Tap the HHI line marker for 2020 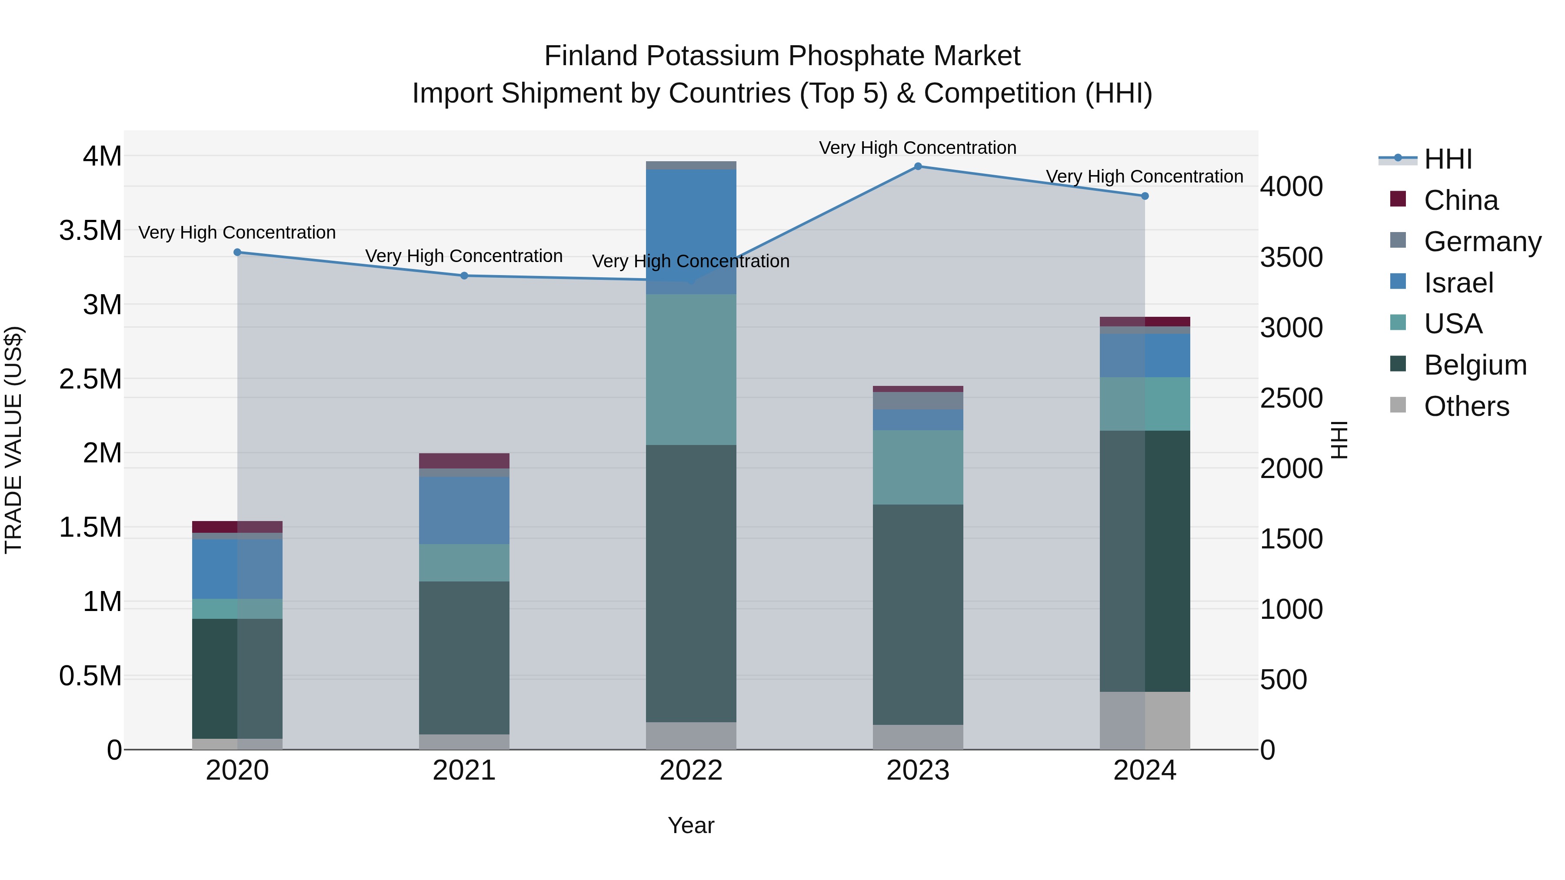click(237, 252)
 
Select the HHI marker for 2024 click(1145, 196)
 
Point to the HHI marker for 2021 click(464, 276)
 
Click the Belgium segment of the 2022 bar click(691, 583)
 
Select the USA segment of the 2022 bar click(691, 369)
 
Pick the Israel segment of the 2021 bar click(464, 510)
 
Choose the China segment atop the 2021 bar click(464, 460)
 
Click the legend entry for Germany click(1482, 242)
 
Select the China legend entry click(1461, 200)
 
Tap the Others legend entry click(1466, 406)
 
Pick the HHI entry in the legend click(1447, 159)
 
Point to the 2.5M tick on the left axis click(90, 379)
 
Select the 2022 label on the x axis click(691, 770)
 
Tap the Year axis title click(691, 825)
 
